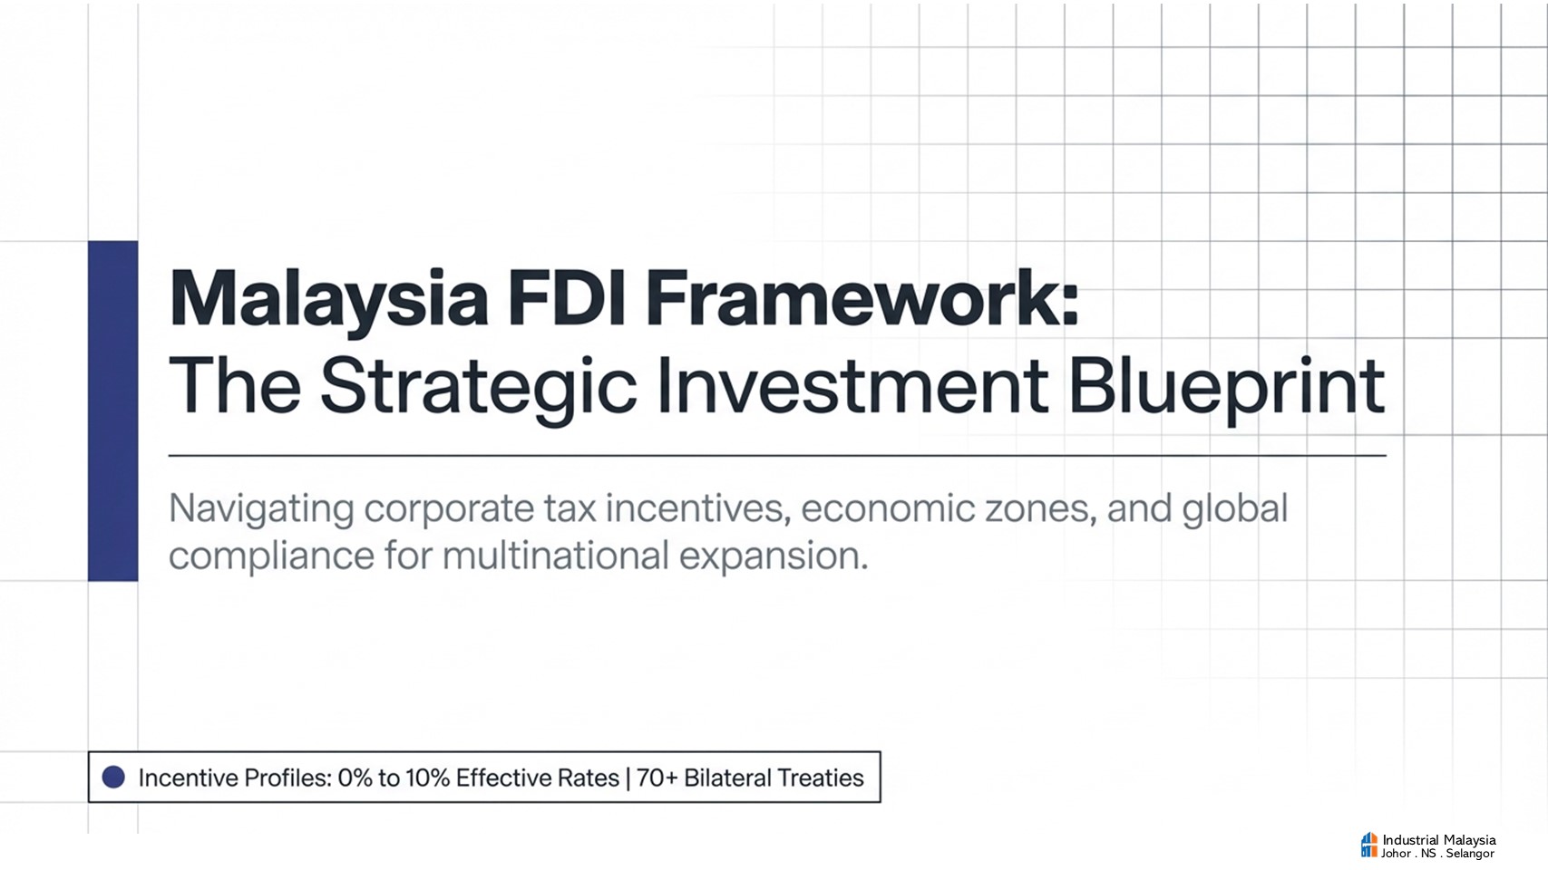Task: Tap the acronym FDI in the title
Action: pos(567,297)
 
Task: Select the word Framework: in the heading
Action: pos(862,297)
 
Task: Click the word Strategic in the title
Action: pos(478,387)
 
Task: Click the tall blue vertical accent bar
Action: pos(112,411)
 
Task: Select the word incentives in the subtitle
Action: pos(697,508)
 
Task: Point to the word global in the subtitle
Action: pos(1235,510)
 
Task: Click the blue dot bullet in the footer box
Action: pos(113,777)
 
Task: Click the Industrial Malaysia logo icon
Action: pos(1368,845)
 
